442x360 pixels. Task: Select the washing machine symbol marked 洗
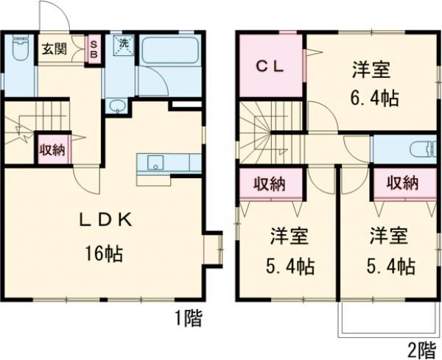123,43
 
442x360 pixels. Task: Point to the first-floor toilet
18,52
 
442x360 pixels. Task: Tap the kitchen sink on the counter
155,163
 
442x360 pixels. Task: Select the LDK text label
106,219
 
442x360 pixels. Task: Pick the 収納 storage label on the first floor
51,149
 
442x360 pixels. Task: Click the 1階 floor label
188,318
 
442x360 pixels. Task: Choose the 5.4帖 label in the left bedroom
290,266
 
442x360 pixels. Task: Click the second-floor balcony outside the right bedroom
385,320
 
